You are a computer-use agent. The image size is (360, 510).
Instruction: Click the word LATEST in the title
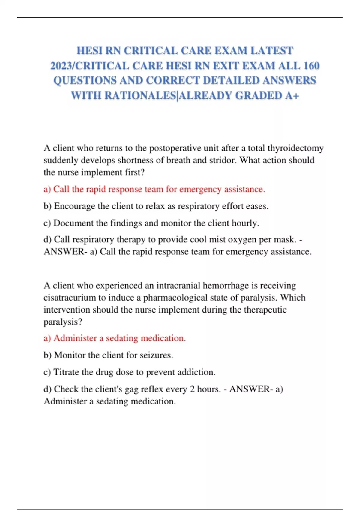point(272,51)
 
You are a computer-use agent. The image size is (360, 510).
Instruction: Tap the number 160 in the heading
point(311,66)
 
